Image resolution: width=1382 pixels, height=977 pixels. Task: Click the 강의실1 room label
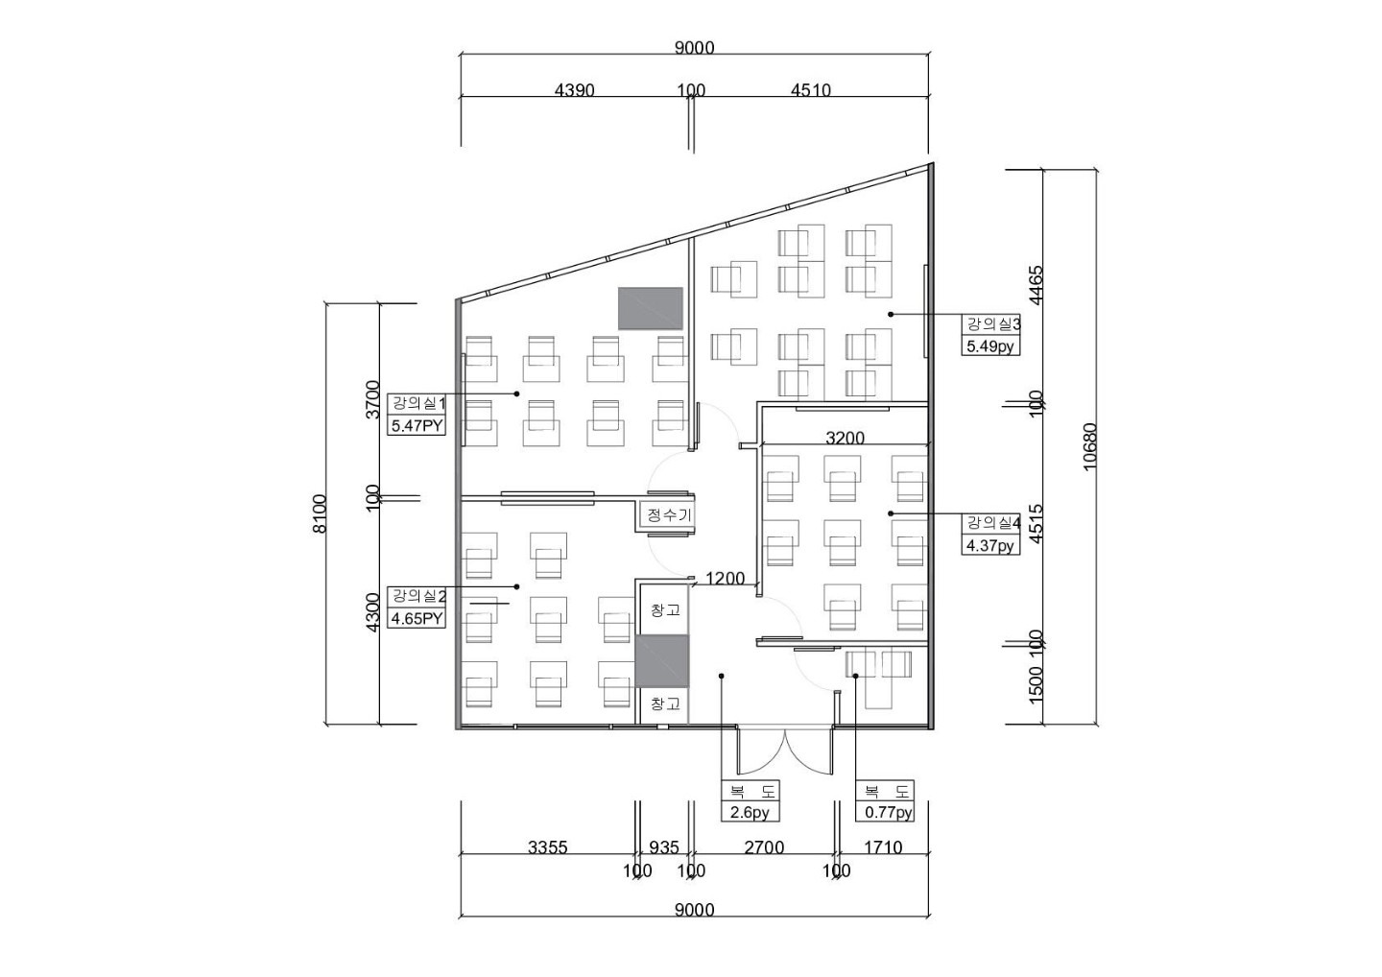(x=417, y=404)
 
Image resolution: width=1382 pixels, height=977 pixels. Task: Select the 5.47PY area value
(x=417, y=425)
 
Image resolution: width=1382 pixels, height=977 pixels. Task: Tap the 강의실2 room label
(x=417, y=596)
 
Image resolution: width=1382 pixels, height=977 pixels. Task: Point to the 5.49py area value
(x=990, y=346)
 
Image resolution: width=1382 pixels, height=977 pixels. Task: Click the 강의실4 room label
(x=990, y=524)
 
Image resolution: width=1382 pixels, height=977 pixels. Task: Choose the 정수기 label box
(x=669, y=514)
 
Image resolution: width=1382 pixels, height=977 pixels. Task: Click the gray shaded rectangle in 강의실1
(x=651, y=308)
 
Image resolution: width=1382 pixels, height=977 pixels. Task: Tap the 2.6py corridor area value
(x=750, y=812)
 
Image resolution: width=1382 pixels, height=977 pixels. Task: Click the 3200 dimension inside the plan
(x=846, y=438)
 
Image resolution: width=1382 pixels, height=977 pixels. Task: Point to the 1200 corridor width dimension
(x=725, y=579)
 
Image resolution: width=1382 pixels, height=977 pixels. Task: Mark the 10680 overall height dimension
(x=1090, y=446)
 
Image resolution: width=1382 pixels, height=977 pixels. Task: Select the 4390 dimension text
(x=574, y=90)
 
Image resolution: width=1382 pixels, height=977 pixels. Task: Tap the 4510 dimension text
(x=811, y=90)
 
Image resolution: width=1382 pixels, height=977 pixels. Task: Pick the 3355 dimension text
(x=548, y=847)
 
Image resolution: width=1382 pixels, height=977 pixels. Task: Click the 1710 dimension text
(x=883, y=847)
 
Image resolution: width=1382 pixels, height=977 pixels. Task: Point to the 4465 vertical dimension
(x=1036, y=285)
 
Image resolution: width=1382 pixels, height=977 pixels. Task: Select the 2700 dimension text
(x=764, y=847)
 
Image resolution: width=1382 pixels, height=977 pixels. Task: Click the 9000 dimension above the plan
(x=694, y=48)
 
